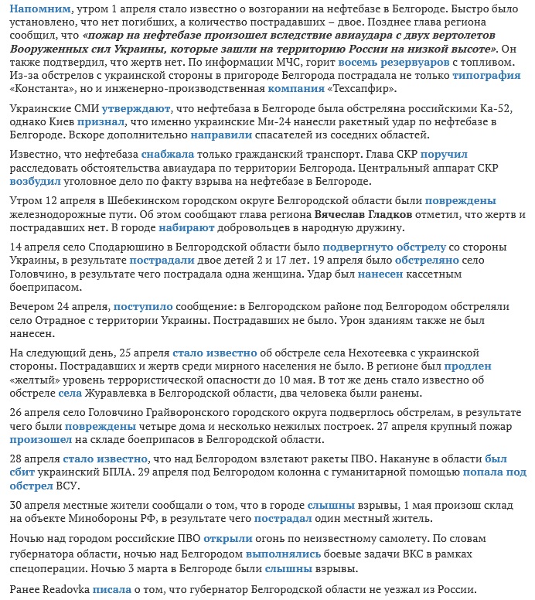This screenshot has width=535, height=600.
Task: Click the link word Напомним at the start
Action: tap(36, 9)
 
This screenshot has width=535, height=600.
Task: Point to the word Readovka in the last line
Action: tap(63, 589)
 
